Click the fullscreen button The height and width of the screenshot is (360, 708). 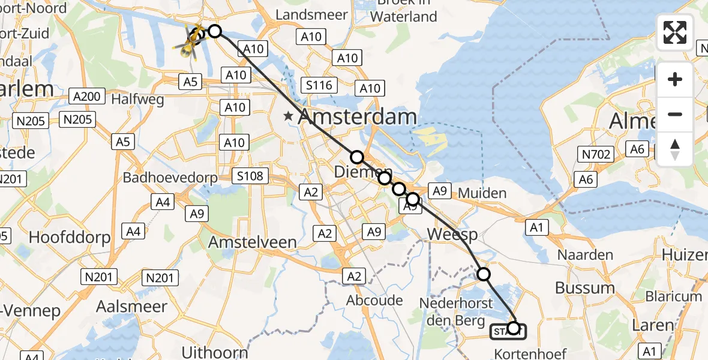[x=675, y=32]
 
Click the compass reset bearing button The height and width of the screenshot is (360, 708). [x=675, y=149]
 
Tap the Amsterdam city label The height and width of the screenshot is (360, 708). [x=356, y=116]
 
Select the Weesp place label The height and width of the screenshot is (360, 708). [x=452, y=233]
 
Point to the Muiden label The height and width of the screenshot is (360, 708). [x=482, y=193]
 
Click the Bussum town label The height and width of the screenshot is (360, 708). [x=584, y=287]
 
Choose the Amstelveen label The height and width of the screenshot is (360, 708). [x=252, y=242]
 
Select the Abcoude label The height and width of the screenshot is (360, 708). [x=375, y=300]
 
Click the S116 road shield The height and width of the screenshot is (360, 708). [x=319, y=85]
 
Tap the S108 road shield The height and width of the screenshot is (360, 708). [x=250, y=176]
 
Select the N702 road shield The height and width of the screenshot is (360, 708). [x=596, y=155]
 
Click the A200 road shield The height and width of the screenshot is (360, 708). [x=88, y=95]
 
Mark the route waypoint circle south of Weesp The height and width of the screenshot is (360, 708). [x=483, y=275]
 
